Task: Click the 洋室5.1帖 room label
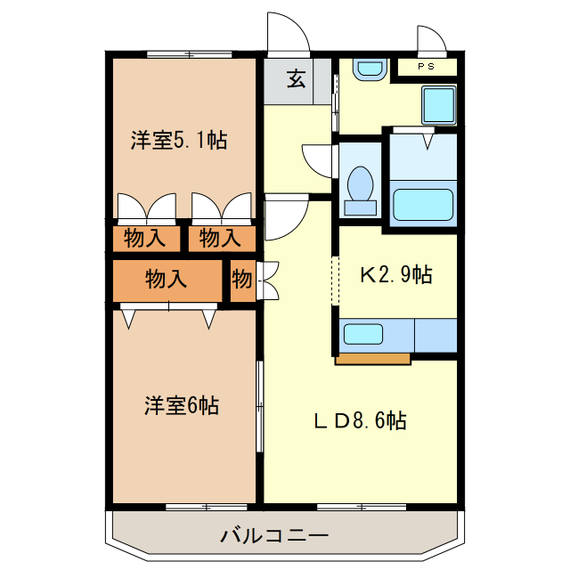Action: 178,140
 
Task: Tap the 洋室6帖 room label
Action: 182,406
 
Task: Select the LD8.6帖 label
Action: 360,420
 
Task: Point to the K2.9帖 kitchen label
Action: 396,275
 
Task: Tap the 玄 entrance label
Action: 297,79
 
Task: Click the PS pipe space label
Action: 426,66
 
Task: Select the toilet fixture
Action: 361,189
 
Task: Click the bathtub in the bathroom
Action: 423,205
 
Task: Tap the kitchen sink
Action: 363,336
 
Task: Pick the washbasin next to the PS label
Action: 368,69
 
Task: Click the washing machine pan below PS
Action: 438,105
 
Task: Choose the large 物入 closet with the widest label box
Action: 167,280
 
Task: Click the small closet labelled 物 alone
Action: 242,280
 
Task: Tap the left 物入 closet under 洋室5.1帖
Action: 144,238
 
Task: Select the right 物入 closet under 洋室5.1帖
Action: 219,238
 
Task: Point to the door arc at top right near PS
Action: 433,38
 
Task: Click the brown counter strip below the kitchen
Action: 372,360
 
